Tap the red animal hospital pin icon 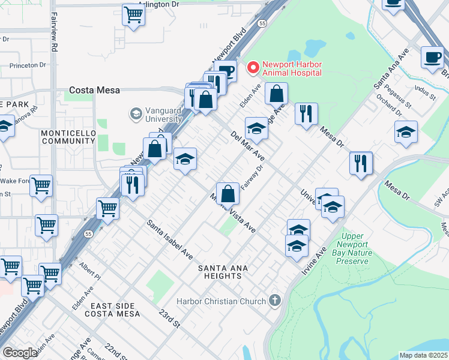pos(253,67)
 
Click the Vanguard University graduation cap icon pos(136,113)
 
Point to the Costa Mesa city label pos(94,90)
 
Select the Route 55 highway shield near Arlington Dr pos(262,23)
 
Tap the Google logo pos(20,353)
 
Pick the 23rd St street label pos(169,318)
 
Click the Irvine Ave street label pos(312,260)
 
